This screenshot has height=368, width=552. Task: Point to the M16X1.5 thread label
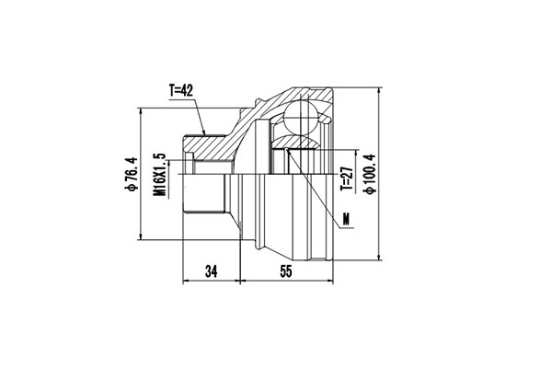(159, 174)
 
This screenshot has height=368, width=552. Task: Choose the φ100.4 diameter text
(370, 175)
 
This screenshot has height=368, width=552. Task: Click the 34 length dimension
(211, 271)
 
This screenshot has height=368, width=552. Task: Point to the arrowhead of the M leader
(287, 149)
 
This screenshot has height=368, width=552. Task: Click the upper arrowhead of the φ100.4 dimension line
(381, 89)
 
